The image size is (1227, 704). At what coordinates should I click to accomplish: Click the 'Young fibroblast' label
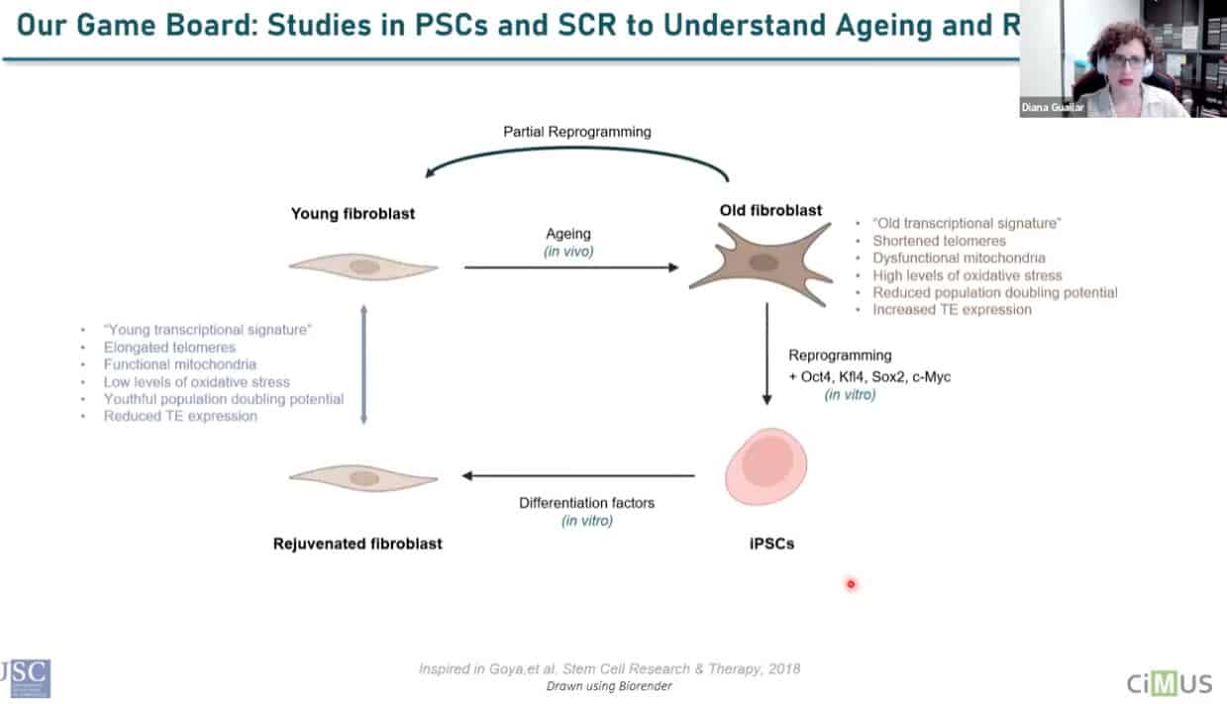coord(353,213)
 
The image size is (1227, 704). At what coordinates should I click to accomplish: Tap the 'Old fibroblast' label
coord(770,210)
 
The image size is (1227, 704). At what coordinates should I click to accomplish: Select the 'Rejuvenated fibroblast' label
coord(358,543)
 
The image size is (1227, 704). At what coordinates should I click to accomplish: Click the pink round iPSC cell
coord(767,465)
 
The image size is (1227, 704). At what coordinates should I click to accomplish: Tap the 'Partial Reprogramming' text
coord(576,131)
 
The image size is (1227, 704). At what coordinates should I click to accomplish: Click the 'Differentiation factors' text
coord(586,503)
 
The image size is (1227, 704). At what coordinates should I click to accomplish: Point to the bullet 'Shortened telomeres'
coord(939,241)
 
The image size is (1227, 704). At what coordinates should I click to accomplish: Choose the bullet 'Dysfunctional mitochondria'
coord(959,258)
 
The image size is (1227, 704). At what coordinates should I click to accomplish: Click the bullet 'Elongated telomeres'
coord(169,348)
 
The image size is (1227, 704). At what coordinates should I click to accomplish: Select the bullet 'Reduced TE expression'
coord(180,416)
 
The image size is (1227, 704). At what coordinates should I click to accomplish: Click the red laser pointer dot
coord(851,584)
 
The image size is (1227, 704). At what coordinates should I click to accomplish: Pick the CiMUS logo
coord(1168,682)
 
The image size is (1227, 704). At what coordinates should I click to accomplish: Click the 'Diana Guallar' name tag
coord(1053,108)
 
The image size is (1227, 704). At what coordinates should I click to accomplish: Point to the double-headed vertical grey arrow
coord(363,363)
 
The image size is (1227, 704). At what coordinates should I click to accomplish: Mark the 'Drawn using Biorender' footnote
coord(609,686)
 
